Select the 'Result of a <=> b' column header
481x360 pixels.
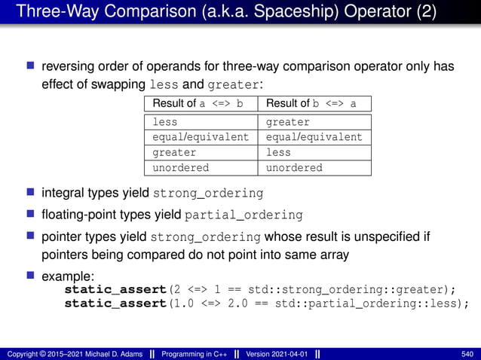tap(198, 104)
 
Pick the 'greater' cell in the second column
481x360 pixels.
tap(288, 122)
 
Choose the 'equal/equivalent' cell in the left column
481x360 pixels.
tap(200, 137)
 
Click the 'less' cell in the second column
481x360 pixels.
tap(278, 152)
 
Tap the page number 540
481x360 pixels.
tap(467, 353)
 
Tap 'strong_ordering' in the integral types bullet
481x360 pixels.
tap(209, 193)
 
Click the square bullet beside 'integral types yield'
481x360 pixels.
tap(32, 192)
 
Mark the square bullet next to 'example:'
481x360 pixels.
tap(32, 276)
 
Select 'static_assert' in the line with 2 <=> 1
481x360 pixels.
tap(114, 289)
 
